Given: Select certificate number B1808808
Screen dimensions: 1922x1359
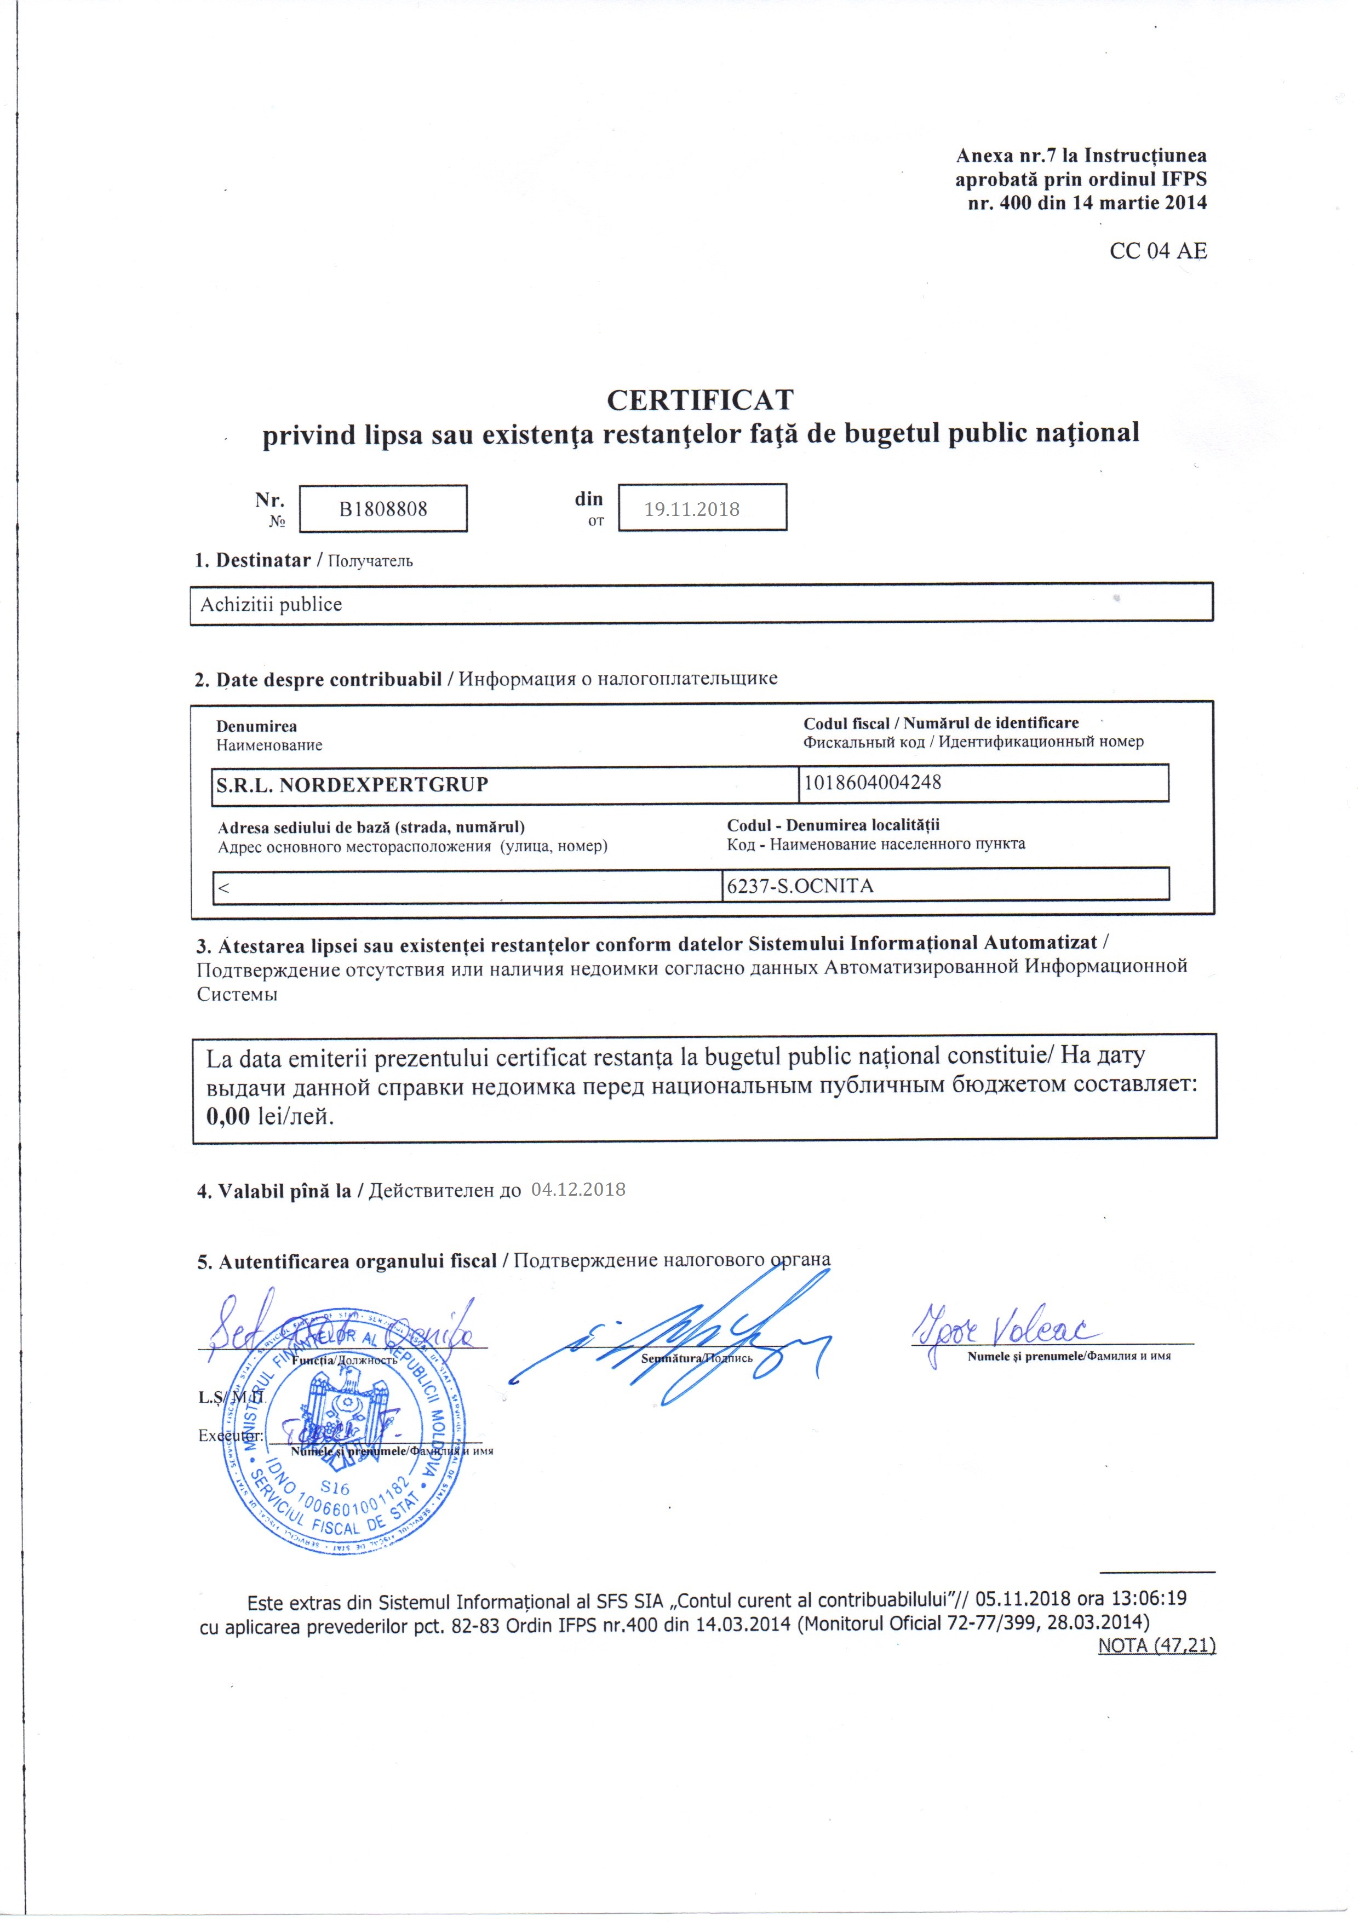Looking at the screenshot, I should click(383, 509).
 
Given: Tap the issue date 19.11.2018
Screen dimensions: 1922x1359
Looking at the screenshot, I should click(692, 509).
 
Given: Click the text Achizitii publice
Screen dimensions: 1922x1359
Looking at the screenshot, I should click(271, 604).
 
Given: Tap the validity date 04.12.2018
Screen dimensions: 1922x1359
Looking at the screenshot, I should click(578, 1190).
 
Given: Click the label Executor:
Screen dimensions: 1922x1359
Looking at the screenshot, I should click(230, 1436).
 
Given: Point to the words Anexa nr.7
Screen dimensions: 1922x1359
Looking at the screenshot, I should click(1006, 156).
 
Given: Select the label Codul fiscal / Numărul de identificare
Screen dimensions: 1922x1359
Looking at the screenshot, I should click(941, 722).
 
